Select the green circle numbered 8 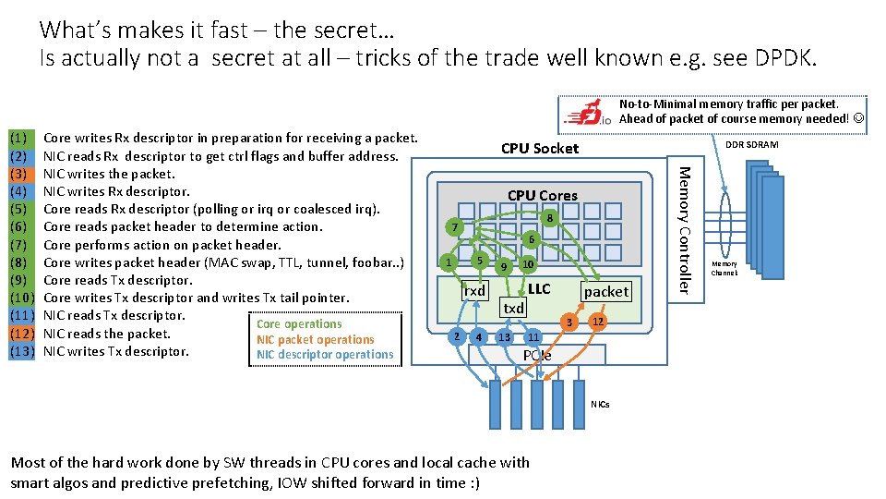point(549,219)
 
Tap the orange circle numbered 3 point(571,323)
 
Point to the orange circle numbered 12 point(598,321)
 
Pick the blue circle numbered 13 point(504,337)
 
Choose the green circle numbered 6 point(531,238)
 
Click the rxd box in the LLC point(474,291)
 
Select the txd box point(513,308)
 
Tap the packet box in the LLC point(606,291)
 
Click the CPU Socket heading point(540,149)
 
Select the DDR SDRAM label point(751,145)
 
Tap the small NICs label point(600,404)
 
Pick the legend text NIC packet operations point(316,339)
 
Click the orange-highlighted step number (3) point(21,174)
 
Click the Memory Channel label point(724,268)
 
